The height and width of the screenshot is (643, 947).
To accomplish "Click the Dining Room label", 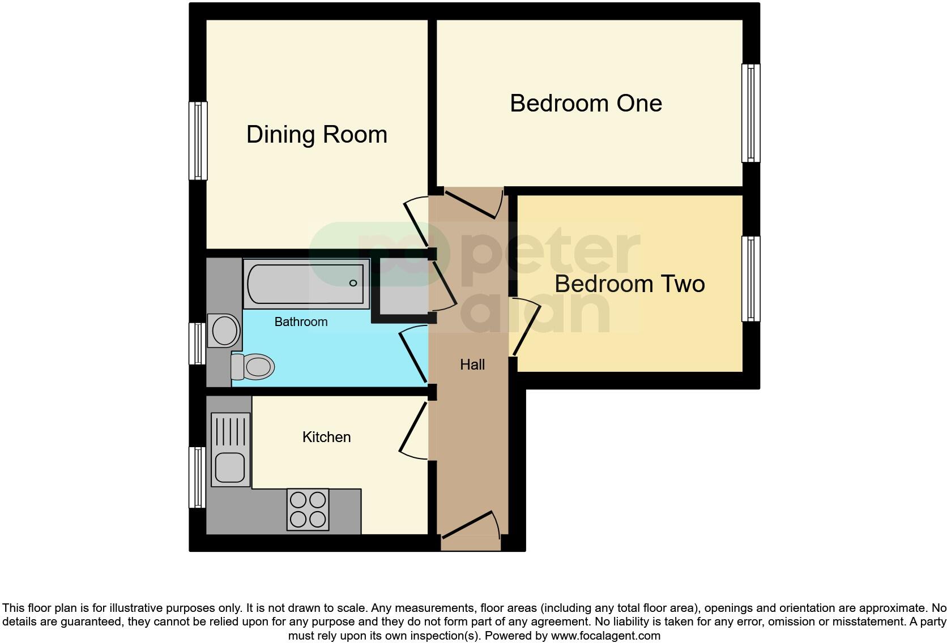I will pyautogui.click(x=317, y=135).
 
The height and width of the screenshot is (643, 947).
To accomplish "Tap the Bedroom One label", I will pyautogui.click(x=586, y=104).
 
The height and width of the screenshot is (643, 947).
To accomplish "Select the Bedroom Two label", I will pyautogui.click(x=629, y=284).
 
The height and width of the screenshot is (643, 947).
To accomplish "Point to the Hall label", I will pyautogui.click(x=472, y=365).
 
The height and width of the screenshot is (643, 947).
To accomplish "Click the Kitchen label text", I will pyautogui.click(x=326, y=437).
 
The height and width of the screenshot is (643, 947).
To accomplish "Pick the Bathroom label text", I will pyautogui.click(x=301, y=322).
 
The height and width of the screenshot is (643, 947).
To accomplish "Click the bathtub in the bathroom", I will pyautogui.click(x=306, y=284).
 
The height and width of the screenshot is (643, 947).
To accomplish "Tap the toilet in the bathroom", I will pyautogui.click(x=252, y=367).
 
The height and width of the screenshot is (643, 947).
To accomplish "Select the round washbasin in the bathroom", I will pyautogui.click(x=224, y=329).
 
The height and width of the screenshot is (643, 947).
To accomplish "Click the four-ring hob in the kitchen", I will pyautogui.click(x=308, y=509).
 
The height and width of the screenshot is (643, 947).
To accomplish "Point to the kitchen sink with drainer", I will pyautogui.click(x=230, y=449).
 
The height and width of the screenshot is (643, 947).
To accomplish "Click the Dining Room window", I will pyautogui.click(x=198, y=140).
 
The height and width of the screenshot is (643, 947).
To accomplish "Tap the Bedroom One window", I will pyautogui.click(x=751, y=113).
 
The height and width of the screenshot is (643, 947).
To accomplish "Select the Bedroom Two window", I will pyautogui.click(x=751, y=279).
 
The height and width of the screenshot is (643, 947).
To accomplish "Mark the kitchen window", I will pyautogui.click(x=197, y=477).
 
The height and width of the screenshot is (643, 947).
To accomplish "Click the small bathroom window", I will pyautogui.click(x=197, y=344).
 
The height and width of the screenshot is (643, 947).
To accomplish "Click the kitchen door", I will pyautogui.click(x=413, y=428).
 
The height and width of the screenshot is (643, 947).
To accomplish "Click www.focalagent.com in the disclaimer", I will pyautogui.click(x=605, y=636).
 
